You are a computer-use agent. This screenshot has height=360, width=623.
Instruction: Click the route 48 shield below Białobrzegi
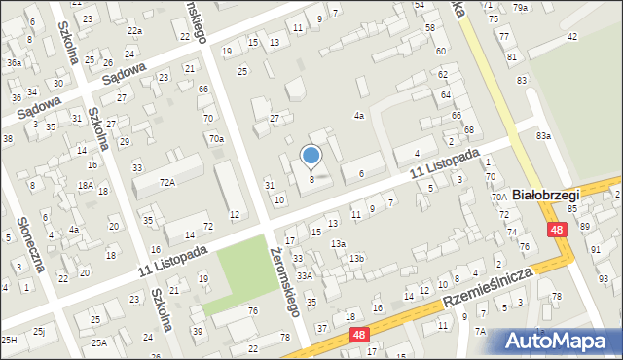[x=555, y=230]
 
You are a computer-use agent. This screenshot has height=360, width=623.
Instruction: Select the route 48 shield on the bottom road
[x=359, y=335]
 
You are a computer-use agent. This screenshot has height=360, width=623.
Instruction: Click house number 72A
[x=166, y=182]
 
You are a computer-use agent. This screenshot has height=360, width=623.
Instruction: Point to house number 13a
[x=337, y=243]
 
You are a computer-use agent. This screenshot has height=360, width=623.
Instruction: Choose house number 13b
[x=357, y=258]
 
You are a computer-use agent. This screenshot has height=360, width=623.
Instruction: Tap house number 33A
[x=305, y=276]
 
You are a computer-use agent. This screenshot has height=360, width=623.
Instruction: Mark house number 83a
[x=542, y=136]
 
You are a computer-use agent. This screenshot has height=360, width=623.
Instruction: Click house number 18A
[x=86, y=185]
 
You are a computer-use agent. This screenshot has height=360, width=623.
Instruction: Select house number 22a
[x=134, y=31]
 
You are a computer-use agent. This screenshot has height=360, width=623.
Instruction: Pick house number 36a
[x=14, y=62]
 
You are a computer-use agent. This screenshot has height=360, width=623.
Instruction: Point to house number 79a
[x=521, y=8]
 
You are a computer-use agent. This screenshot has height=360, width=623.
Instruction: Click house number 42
[x=571, y=36]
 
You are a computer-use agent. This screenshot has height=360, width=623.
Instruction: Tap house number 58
[x=429, y=28]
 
